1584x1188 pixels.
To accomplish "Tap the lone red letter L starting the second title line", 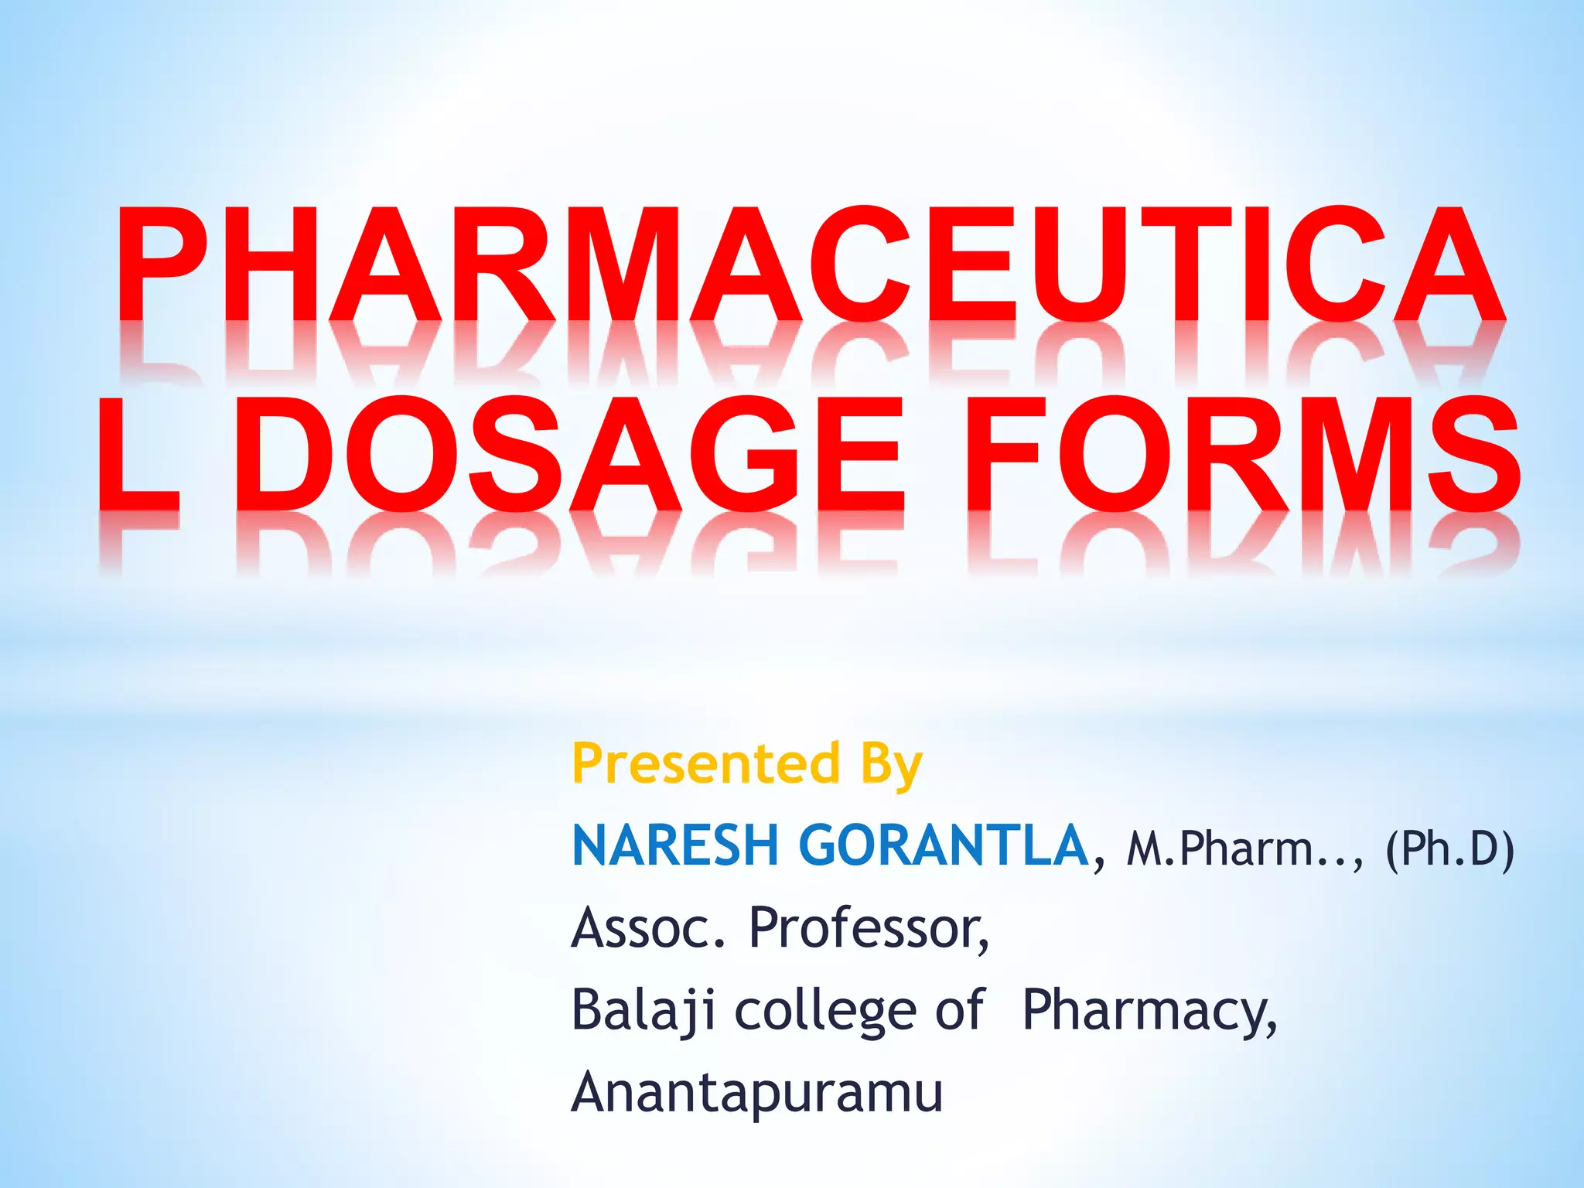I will pyautogui.click(x=138, y=454).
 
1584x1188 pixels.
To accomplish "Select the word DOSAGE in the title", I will pyautogui.click(x=568, y=454).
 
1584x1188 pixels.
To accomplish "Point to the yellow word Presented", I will pyautogui.click(x=705, y=763).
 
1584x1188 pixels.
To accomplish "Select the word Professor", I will pyautogui.click(x=868, y=927).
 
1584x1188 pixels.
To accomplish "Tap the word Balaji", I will pyautogui.click(x=643, y=1010).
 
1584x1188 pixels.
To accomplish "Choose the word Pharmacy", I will pyautogui.click(x=1148, y=1012).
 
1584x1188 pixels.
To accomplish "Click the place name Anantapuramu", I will pyautogui.click(x=756, y=1093).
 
